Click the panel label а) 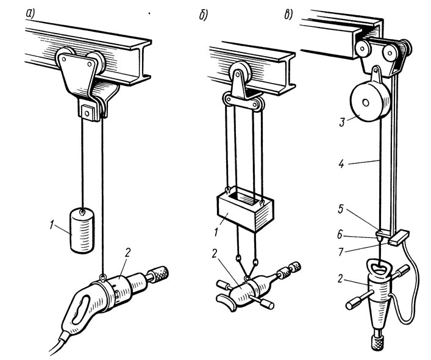(x=30, y=14)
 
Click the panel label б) (x=204, y=16)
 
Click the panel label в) (x=288, y=15)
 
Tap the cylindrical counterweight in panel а (x=82, y=231)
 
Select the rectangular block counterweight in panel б (x=246, y=209)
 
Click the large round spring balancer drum (x=369, y=101)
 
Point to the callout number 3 (x=342, y=122)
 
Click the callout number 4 (x=341, y=164)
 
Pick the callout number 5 (x=341, y=209)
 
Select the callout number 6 (x=340, y=234)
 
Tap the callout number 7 (x=341, y=251)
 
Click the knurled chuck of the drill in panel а (x=159, y=273)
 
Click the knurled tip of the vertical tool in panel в (x=379, y=342)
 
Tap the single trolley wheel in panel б (x=239, y=73)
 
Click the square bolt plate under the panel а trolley (x=88, y=112)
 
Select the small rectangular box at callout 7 (x=399, y=237)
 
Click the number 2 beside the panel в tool (x=340, y=279)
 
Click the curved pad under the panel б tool (x=227, y=302)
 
